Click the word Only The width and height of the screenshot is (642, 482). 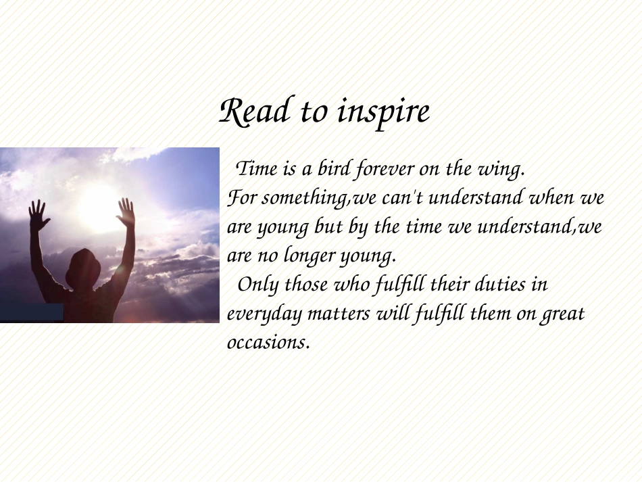pyautogui.click(x=257, y=284)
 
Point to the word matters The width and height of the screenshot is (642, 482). pyautogui.click(x=339, y=314)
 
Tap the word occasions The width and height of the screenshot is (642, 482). pyautogui.click(x=268, y=342)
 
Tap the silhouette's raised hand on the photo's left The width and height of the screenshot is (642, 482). pyautogui.click(x=39, y=215)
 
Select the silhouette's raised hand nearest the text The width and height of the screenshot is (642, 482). pyautogui.click(x=126, y=212)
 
